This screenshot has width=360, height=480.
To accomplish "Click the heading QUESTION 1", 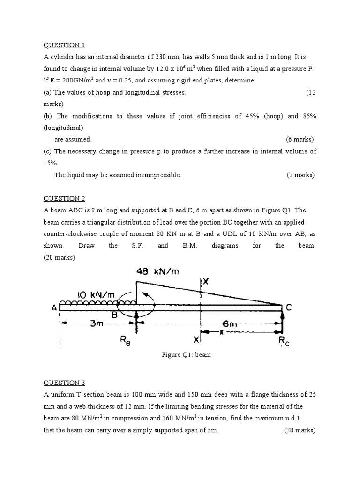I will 64,45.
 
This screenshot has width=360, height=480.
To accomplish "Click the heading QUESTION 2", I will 64,198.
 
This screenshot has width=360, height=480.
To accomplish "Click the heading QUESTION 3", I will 64,382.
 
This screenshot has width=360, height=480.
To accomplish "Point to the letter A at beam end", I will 54,308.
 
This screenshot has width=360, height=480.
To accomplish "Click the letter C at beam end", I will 289,307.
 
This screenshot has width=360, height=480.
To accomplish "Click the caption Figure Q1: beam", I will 186,355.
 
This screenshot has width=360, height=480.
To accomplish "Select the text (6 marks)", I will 300,139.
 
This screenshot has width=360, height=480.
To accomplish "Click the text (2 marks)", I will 300,175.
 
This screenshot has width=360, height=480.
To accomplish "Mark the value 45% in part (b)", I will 254,116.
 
